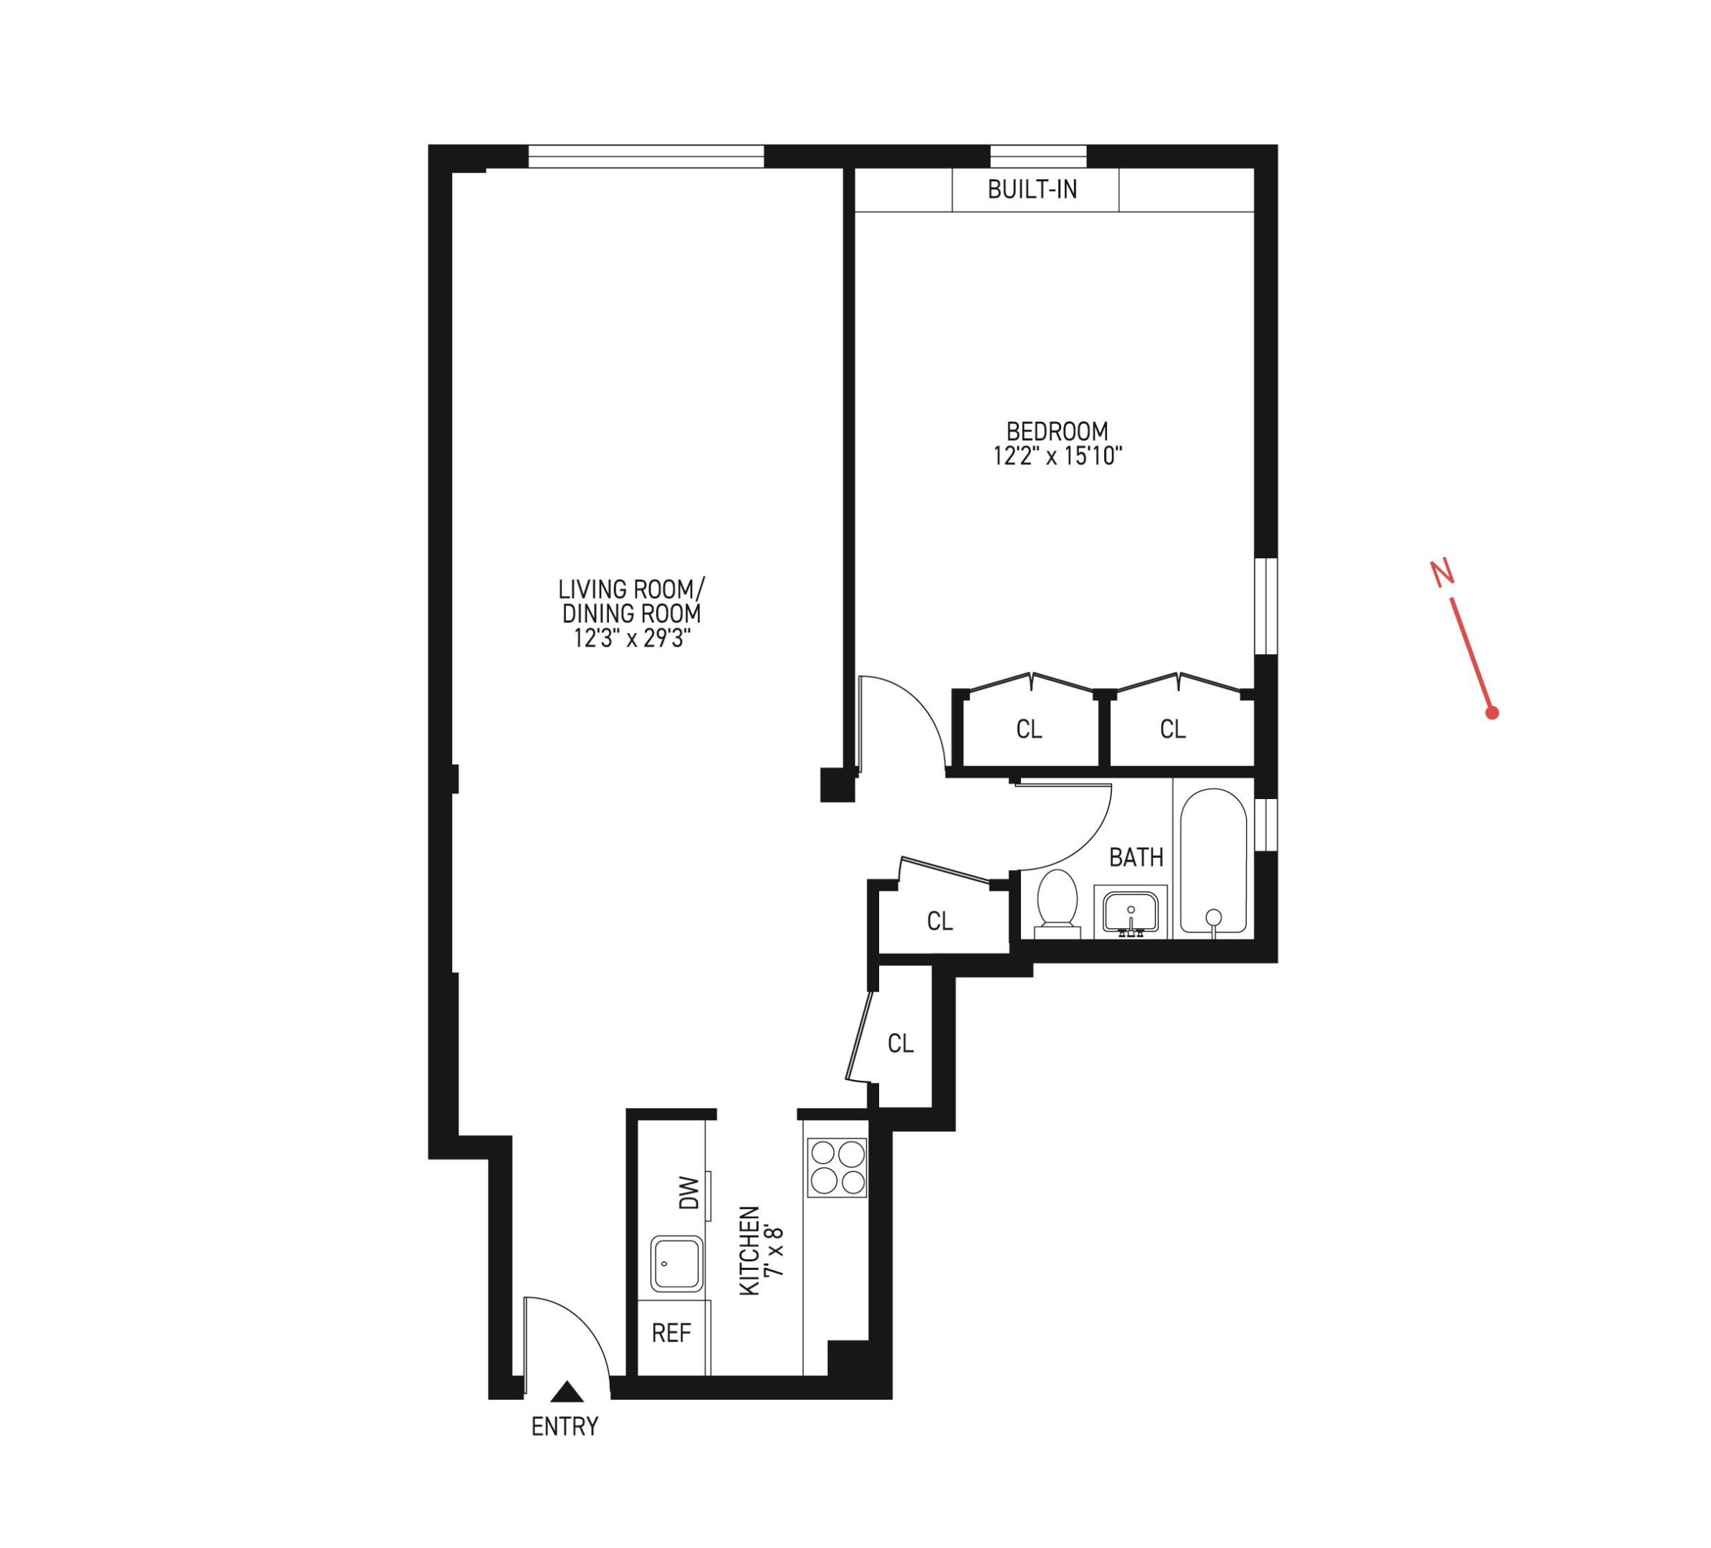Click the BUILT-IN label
tap(1032, 189)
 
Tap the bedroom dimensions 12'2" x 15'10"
tap(1058, 457)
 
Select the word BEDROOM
tap(1057, 431)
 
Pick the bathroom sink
tap(1131, 912)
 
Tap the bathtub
tap(1213, 861)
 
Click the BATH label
tap(1136, 858)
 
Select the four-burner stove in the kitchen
tap(837, 1167)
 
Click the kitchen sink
tap(676, 1263)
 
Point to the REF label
tap(671, 1333)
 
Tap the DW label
tap(689, 1193)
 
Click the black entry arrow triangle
tap(567, 1392)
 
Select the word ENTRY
tap(565, 1428)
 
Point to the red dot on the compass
tap(1492, 713)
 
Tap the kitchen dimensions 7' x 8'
tap(773, 1251)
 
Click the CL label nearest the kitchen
tap(901, 1043)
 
